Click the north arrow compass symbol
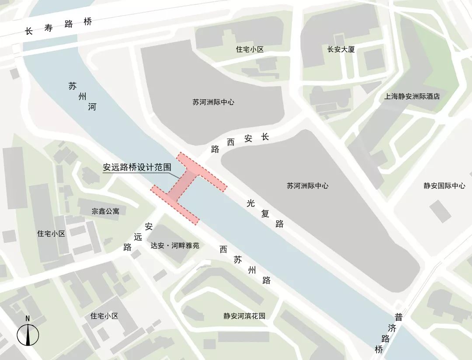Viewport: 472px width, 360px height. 28,335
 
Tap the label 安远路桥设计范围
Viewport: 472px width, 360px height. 137,168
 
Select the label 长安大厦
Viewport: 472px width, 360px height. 341,49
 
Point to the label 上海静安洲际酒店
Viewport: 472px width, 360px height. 412,97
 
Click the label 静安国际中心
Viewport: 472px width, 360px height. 444,185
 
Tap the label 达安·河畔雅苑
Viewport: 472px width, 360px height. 175,246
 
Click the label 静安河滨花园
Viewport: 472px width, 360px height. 244,316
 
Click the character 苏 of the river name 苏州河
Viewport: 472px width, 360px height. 72,86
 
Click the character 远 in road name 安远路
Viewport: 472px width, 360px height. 138,237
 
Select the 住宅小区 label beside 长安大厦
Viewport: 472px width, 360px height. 250,49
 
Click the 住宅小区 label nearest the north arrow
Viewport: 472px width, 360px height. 104,316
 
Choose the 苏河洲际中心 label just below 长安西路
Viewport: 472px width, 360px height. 308,185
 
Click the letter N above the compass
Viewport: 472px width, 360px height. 28,318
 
